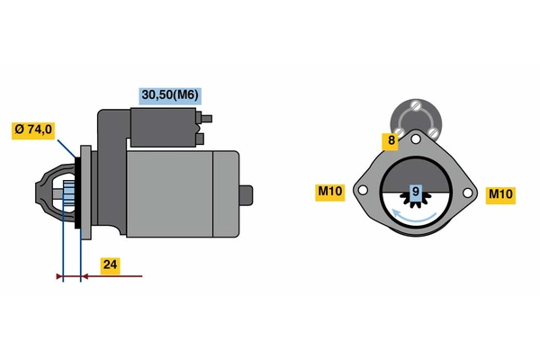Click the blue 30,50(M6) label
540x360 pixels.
point(169,94)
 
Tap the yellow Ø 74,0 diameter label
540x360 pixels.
point(33,130)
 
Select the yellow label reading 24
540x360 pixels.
point(110,266)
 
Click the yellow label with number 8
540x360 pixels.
point(391,140)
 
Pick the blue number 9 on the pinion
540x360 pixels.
point(415,192)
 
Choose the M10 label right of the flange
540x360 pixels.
point(499,193)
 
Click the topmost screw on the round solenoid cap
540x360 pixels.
point(416,105)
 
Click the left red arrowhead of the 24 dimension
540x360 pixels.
point(59,275)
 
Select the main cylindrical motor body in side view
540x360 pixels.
point(180,193)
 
